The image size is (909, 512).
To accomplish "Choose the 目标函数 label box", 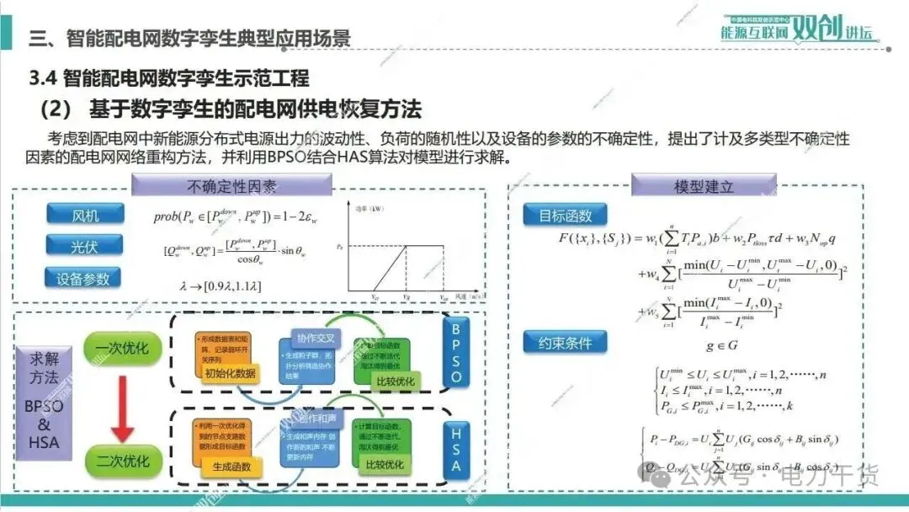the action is tap(565, 215).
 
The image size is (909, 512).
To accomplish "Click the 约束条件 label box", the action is tap(565, 342).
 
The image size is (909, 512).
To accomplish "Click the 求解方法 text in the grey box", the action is tap(44, 367).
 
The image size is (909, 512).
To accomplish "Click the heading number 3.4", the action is tap(42, 79).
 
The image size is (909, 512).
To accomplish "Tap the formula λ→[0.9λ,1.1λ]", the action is tap(221, 285).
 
